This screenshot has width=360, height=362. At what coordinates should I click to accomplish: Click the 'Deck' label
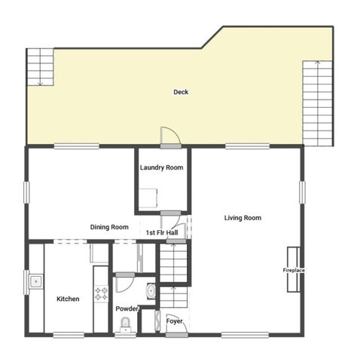click(x=181, y=92)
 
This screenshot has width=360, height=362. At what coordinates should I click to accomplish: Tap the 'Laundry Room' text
click(x=162, y=167)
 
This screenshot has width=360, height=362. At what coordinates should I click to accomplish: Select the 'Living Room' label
click(x=243, y=218)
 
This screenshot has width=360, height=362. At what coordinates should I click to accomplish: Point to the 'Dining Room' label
click(x=109, y=227)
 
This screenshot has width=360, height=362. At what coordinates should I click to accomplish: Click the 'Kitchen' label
click(x=68, y=299)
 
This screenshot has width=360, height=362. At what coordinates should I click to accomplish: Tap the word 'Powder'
click(x=127, y=308)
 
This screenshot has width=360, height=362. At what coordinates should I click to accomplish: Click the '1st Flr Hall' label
click(x=162, y=233)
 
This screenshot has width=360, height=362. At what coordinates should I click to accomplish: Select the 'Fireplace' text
click(x=294, y=270)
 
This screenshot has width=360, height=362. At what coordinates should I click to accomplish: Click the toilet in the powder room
click(x=126, y=324)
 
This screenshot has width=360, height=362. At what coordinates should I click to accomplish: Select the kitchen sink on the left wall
click(x=35, y=281)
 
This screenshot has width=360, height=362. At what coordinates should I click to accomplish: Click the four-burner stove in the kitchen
click(x=101, y=293)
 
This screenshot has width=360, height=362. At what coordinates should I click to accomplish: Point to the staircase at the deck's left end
click(x=40, y=67)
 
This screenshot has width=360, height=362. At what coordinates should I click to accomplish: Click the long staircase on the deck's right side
click(x=317, y=103)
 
